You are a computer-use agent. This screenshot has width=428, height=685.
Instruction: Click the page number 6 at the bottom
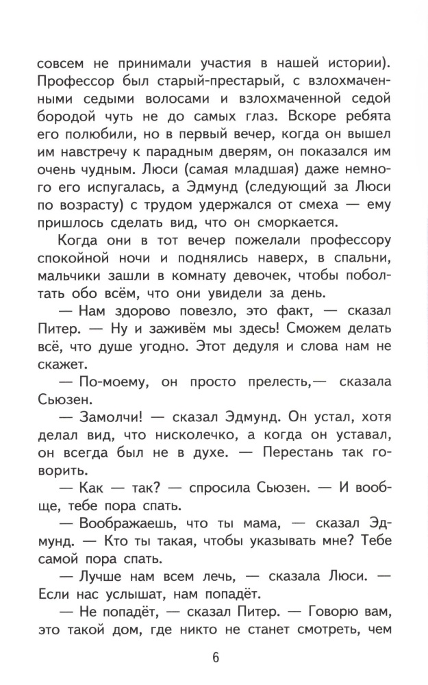214,659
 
